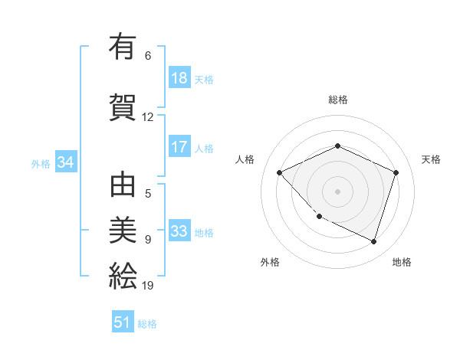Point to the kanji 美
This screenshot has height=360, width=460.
coord(123,230)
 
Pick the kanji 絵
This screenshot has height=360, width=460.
coord(123,274)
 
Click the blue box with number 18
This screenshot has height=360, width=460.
coord(179,79)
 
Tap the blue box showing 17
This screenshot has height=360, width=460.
coord(179,148)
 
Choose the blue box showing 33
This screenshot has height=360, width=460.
coord(179,232)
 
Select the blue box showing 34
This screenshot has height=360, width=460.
coord(65,163)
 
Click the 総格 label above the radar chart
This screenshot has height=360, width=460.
coord(338,100)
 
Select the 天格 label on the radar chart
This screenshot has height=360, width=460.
coord(431,159)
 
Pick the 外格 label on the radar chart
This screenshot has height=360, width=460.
coord(270,262)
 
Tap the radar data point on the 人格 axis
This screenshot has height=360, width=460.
coord(280,173)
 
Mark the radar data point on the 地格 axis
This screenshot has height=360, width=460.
coord(374,242)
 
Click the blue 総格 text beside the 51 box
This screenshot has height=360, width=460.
coord(147,324)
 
